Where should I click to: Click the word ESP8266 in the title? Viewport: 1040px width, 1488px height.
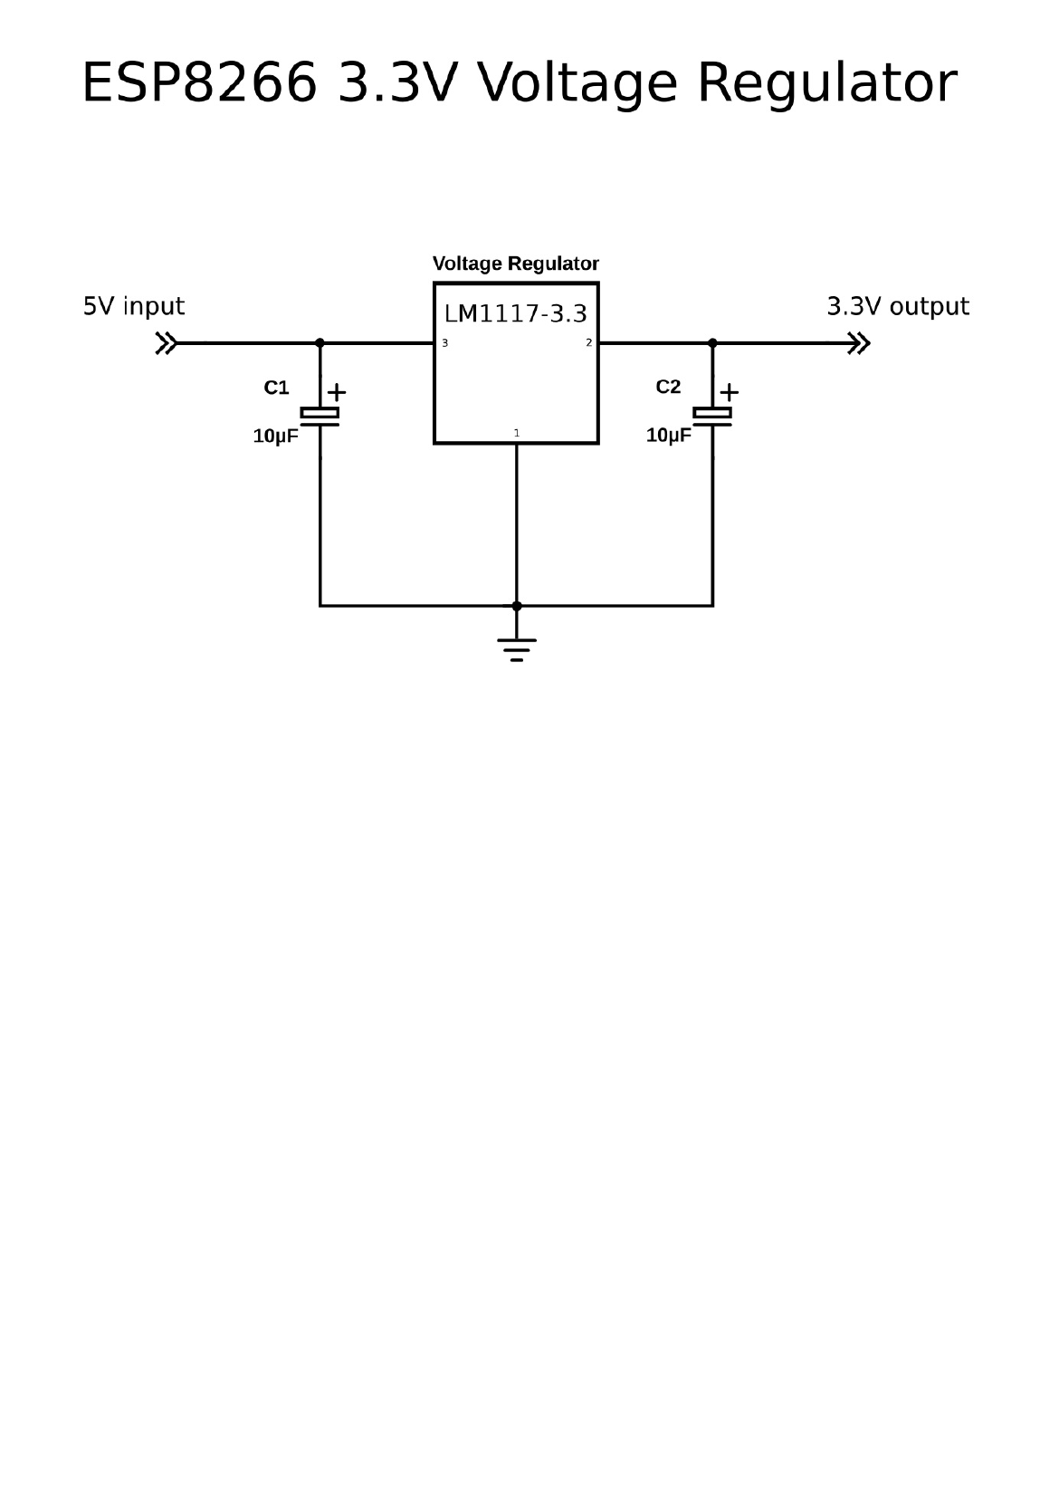coord(199,84)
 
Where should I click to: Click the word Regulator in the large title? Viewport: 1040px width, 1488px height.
coord(826,84)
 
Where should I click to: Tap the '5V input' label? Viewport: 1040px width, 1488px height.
coord(134,307)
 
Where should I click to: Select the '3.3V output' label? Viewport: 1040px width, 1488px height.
coord(897,307)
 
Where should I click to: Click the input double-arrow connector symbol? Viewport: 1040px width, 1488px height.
coord(166,343)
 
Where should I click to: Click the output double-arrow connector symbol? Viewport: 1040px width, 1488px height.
coord(859,343)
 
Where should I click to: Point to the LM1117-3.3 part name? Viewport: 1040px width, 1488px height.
coord(515,314)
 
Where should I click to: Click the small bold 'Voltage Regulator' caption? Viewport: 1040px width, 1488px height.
coord(515,264)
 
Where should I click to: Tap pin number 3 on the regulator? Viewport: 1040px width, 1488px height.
coord(444,343)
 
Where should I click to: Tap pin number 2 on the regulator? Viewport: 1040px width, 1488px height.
coord(588,343)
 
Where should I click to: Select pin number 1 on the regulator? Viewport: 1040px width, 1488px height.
coord(517,433)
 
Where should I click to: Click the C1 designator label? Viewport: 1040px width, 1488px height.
coord(276,388)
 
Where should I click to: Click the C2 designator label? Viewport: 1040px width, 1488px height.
coord(668,387)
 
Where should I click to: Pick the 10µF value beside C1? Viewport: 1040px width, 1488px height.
coord(275,437)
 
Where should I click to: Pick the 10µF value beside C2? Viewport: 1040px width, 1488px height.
coord(668,436)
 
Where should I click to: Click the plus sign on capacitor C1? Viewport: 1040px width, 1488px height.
coord(336,392)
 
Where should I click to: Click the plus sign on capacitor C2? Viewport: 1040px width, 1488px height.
coord(729,392)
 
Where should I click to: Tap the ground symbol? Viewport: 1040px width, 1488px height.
coord(517,648)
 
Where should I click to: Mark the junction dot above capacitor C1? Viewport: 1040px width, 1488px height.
coord(320,343)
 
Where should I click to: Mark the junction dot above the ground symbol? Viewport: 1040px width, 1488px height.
coord(517,605)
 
